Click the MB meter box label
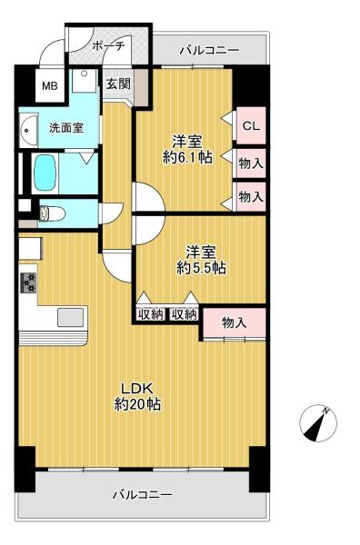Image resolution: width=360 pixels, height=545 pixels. click(50, 85)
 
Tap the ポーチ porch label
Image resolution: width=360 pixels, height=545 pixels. click(108, 46)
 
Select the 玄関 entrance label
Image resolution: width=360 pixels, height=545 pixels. click(118, 84)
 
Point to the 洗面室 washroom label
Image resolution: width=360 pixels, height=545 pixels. click(66, 128)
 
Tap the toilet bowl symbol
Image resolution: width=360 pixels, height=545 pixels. click(52, 213)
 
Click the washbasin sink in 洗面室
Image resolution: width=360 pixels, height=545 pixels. click(28, 130)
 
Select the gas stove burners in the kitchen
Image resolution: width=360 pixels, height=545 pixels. click(28, 282)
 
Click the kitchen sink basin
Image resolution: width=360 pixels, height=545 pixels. click(70, 317)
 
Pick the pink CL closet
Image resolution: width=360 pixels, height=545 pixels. click(251, 125)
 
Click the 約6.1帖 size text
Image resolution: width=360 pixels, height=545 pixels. click(188, 158)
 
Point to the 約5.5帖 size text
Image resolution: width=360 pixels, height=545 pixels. click(202, 268)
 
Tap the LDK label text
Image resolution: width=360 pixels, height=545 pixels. click(137, 388)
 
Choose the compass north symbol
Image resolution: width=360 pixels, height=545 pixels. click(318, 423)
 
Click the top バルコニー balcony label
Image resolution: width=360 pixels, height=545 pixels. click(210, 51)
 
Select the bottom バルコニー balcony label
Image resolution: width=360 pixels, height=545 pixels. click(142, 495)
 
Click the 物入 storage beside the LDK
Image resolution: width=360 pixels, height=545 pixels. click(235, 322)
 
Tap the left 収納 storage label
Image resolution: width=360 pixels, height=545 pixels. click(150, 314)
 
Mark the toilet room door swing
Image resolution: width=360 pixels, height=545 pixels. click(111, 213)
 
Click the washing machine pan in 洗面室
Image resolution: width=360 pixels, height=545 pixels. click(84, 81)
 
